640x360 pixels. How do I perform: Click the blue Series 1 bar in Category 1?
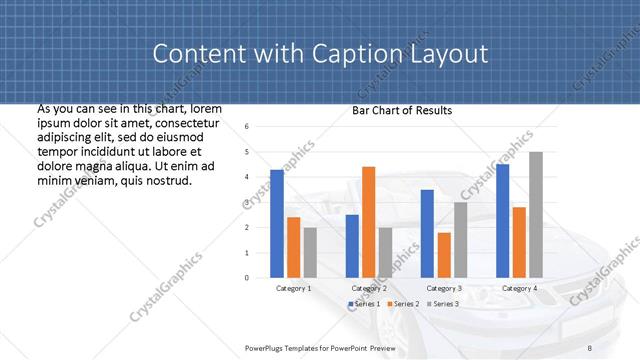[x=277, y=223]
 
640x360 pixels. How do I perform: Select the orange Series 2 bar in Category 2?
[x=368, y=222]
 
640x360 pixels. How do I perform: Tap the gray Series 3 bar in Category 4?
[x=536, y=214]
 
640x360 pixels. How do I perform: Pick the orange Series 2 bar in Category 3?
[x=444, y=255]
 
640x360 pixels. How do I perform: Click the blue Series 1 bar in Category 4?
[x=502, y=220]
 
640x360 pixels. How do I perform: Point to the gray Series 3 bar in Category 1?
[x=310, y=252]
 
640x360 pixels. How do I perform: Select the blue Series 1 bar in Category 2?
[x=352, y=246]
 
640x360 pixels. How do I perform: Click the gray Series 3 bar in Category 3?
[x=460, y=240]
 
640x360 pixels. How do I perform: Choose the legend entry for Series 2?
[x=403, y=303]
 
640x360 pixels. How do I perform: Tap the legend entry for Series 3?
[x=442, y=303]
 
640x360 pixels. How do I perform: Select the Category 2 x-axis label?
[x=368, y=288]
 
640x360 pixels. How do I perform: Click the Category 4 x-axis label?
[x=519, y=288]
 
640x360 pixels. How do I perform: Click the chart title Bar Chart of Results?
[x=402, y=110]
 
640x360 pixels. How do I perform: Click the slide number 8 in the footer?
[x=589, y=347]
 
